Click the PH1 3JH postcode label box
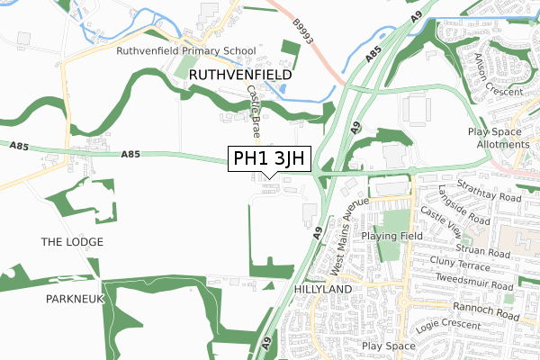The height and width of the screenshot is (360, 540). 269,159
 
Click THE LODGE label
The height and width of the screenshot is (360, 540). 72,242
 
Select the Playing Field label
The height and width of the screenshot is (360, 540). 391,236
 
